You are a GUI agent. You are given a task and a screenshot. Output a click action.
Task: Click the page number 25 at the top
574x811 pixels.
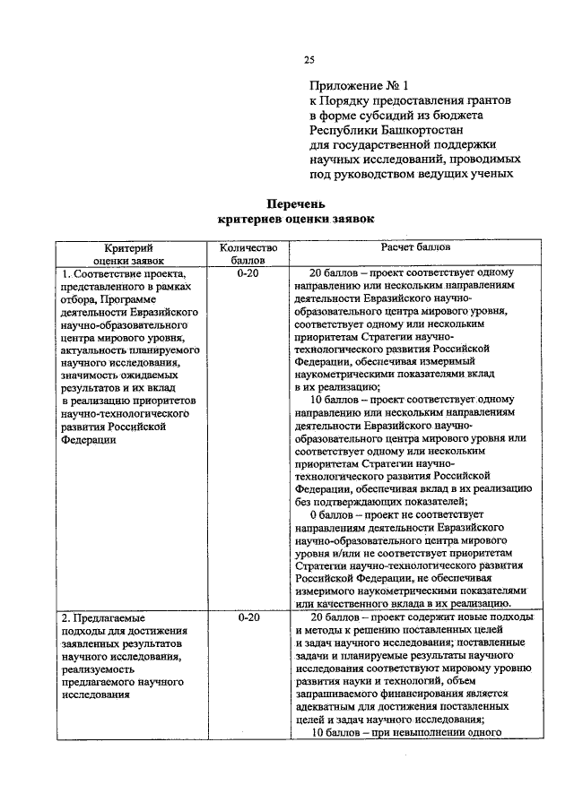click(309, 60)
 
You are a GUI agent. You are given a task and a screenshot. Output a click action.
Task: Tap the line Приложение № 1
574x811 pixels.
click(359, 87)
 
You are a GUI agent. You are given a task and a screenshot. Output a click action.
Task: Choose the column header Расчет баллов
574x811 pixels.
click(415, 246)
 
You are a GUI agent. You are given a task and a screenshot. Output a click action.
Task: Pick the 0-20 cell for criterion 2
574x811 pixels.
click(242, 618)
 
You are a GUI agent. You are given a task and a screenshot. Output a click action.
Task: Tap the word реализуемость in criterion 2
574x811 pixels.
click(98, 669)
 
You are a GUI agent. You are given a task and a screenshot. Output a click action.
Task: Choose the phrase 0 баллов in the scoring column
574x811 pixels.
click(335, 515)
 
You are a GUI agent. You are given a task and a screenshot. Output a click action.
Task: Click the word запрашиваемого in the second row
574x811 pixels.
click(335, 694)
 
